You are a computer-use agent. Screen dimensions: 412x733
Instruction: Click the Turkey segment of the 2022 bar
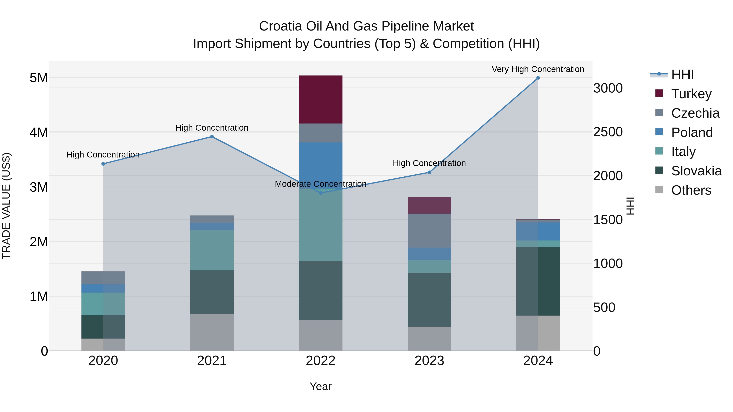tap(320, 99)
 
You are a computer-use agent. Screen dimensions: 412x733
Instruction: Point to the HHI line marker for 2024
tap(538, 78)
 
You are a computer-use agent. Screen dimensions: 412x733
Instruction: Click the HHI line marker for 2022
tap(320, 193)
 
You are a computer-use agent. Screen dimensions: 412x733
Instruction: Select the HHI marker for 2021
tap(212, 137)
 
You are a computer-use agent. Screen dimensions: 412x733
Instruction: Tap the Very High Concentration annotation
tap(538, 69)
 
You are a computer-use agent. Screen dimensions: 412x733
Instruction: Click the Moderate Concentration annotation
tap(320, 184)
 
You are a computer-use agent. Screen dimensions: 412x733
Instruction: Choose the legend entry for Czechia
tap(695, 113)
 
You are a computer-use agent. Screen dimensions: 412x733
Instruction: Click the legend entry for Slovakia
tap(696, 171)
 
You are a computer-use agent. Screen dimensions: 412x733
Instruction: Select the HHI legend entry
tap(682, 74)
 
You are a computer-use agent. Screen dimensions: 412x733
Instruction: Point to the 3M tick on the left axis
tap(39, 187)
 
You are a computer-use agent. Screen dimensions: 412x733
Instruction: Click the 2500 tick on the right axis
tap(608, 132)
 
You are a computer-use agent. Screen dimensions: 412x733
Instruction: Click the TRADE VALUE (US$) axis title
tap(6, 206)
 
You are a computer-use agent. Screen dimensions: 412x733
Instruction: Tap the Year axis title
tap(320, 386)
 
